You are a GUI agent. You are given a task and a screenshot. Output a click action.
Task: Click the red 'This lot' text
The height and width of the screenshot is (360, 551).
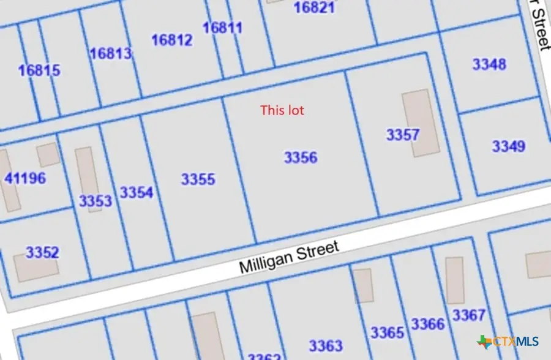click(282, 110)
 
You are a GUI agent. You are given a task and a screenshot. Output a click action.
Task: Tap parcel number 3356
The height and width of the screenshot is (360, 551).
click(301, 157)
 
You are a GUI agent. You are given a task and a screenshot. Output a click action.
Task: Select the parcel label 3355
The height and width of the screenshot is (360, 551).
click(198, 179)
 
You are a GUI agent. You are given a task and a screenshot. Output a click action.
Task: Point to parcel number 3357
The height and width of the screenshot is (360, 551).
click(402, 135)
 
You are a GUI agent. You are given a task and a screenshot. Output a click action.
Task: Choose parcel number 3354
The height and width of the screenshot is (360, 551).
click(136, 193)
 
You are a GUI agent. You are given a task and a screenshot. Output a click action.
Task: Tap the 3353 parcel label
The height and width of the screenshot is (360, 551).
click(96, 201)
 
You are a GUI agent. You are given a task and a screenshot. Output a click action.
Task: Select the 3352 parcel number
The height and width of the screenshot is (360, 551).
click(42, 252)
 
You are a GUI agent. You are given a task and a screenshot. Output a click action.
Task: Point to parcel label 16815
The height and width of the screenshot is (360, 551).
click(39, 70)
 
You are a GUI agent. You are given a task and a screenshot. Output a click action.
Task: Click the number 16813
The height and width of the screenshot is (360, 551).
click(110, 53)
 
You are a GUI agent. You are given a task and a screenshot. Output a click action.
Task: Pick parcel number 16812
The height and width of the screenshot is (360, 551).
click(171, 40)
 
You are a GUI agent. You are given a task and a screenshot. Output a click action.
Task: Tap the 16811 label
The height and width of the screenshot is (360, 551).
click(222, 28)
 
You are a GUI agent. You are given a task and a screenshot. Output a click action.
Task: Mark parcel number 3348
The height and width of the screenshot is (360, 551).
click(489, 63)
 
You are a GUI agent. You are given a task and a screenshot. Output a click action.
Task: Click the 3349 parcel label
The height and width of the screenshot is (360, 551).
click(508, 146)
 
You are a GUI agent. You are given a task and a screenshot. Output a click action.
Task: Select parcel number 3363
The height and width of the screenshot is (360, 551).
click(325, 345)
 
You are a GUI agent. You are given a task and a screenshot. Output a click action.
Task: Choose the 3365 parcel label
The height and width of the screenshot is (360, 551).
click(387, 332)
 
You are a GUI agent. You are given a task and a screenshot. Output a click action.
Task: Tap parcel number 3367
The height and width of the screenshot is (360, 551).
click(468, 315)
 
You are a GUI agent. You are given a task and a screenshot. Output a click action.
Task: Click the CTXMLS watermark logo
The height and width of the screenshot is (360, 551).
click(508, 342)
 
